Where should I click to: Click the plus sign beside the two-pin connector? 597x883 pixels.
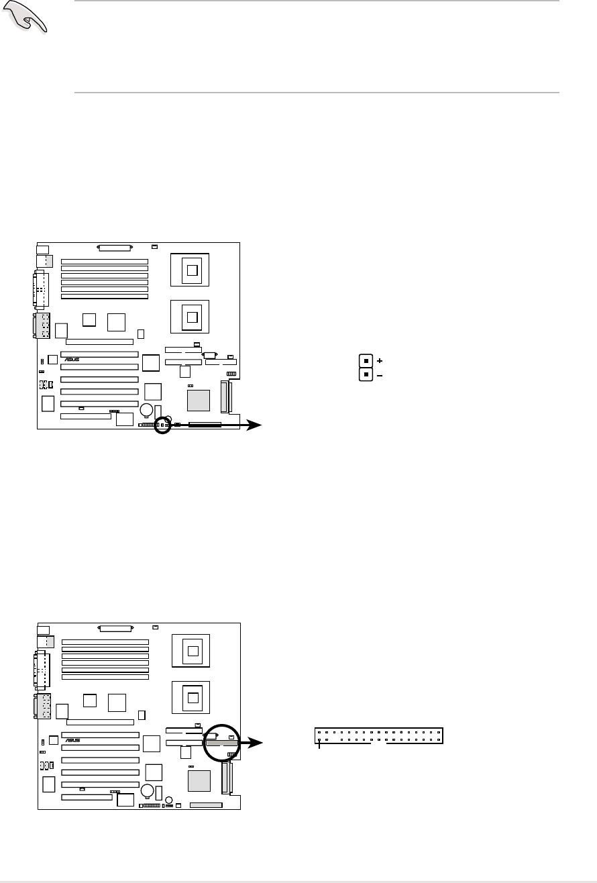click(380, 360)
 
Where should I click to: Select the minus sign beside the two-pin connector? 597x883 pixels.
click(380, 376)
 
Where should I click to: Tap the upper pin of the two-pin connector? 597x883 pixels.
click(366, 360)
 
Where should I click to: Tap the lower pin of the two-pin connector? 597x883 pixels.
click(366, 375)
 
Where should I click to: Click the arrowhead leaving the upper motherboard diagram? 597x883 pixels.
click(255, 425)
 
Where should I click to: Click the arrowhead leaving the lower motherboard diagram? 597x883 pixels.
click(255, 743)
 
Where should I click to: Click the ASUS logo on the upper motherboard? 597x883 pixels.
click(72, 360)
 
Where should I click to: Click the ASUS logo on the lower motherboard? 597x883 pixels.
click(72, 740)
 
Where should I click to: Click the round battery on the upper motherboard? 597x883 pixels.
click(147, 409)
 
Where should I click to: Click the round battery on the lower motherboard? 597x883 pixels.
click(147, 790)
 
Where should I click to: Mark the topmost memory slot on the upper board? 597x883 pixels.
click(105, 261)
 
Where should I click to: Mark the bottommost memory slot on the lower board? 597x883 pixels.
click(105, 677)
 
